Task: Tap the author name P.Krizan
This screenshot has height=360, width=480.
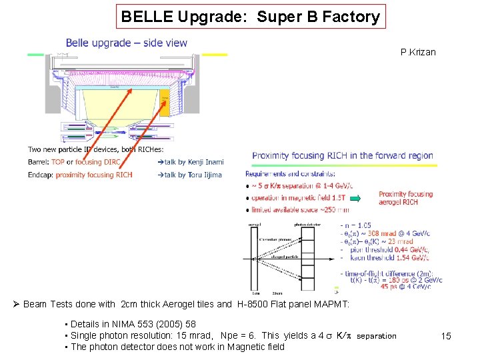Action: (418, 52)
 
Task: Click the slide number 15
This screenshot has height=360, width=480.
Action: (446, 337)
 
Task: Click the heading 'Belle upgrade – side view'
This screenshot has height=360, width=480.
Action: (127, 43)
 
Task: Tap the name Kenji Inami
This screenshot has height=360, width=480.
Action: (206, 162)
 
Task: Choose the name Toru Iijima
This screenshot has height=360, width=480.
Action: (205, 175)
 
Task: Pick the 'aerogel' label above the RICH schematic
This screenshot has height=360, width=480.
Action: (255, 225)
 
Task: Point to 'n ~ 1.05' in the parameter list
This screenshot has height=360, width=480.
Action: (358, 225)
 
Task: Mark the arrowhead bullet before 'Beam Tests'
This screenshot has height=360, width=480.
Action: (17, 305)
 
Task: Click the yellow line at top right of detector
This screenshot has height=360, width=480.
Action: (214, 55)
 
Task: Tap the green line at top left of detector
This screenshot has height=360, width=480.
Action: (35, 55)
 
